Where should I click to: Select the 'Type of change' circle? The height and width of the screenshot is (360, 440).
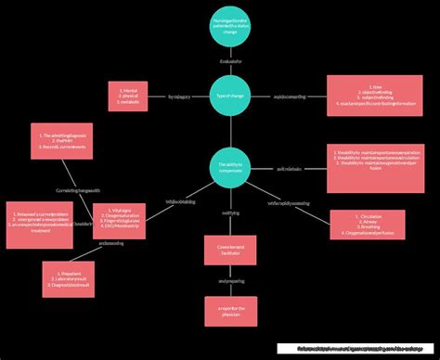(x=230, y=96)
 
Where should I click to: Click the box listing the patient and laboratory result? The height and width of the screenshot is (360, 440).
(x=68, y=279)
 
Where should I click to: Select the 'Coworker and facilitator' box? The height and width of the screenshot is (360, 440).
(x=230, y=251)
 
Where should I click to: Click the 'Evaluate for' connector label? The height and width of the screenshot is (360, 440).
(x=230, y=62)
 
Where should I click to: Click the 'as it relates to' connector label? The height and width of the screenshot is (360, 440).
(x=288, y=169)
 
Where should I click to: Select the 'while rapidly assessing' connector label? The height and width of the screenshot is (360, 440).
(x=289, y=201)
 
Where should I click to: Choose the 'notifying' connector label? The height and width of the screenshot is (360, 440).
(x=230, y=213)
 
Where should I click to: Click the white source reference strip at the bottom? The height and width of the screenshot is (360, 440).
(x=356, y=350)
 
